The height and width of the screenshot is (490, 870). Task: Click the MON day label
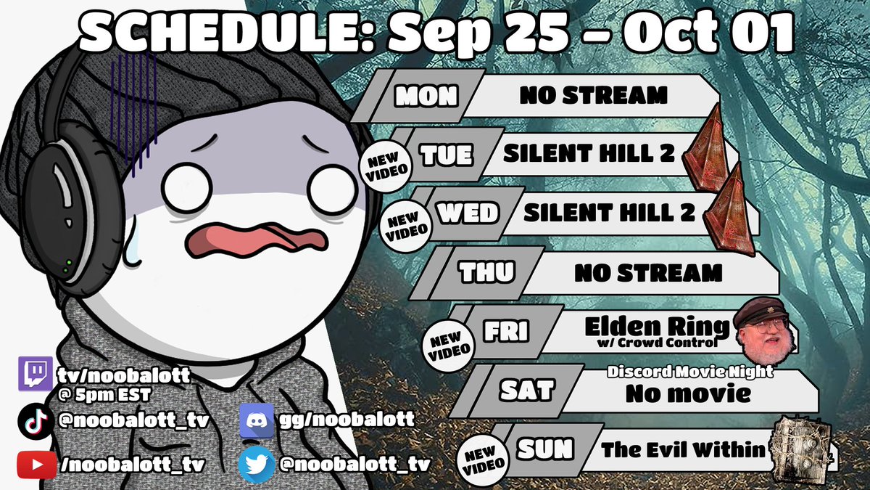[x=426, y=97]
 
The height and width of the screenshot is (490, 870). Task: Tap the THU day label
[x=487, y=274]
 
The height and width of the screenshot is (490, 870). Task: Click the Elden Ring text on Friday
[x=647, y=327]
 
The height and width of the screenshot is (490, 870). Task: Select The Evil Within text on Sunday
[x=682, y=450]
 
